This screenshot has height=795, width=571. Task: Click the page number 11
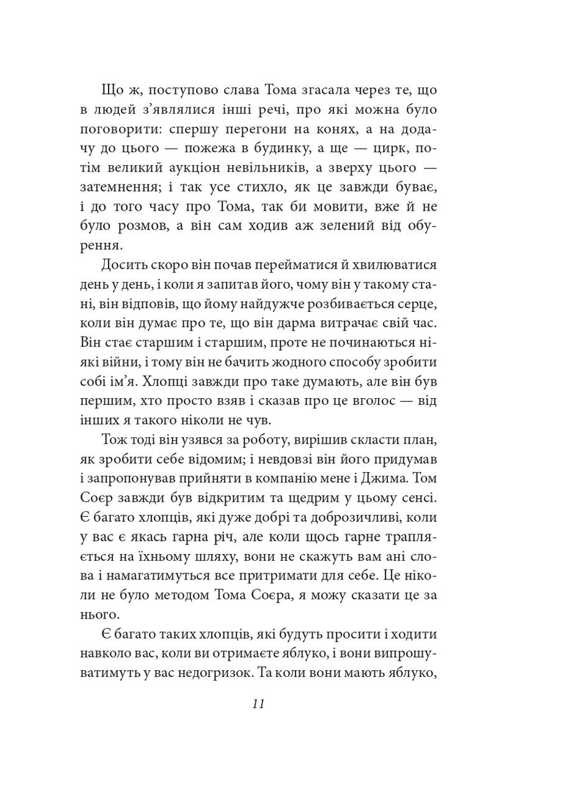pyautogui.click(x=259, y=704)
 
